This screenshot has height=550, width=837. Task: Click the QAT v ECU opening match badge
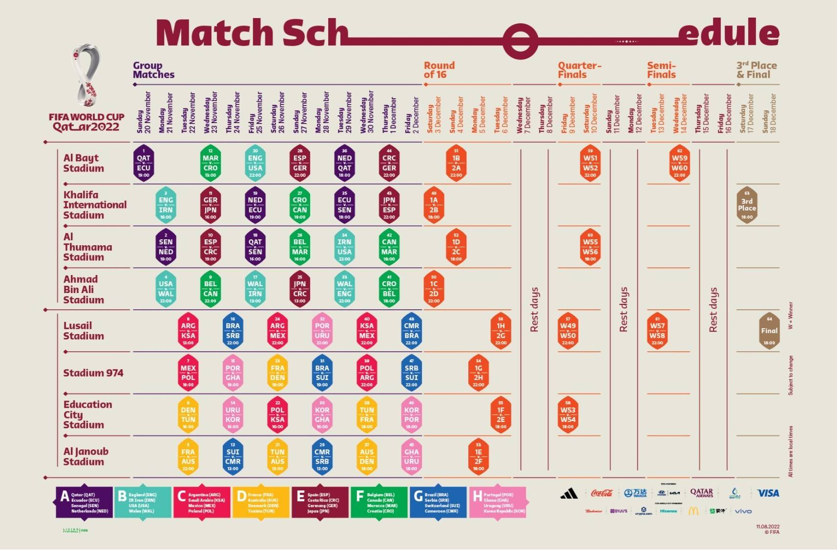144,163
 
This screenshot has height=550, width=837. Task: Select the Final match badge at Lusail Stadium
769,331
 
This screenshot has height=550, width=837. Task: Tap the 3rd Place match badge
747,205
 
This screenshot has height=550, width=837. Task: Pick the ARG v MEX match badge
277,331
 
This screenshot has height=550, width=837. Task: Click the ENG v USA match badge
255,163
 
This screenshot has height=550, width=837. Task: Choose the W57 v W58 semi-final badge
657,331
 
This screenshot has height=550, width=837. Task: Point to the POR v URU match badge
322,331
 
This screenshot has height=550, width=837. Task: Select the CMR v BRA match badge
412,331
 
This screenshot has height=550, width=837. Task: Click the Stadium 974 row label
93,373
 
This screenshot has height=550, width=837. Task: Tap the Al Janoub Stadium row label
86,457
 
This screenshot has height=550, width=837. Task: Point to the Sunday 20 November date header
144,113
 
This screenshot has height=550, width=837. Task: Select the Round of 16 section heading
439,70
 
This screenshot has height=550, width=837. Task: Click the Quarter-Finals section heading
579,70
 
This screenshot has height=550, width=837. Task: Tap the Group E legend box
320,502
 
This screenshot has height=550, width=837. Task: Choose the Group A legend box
84,502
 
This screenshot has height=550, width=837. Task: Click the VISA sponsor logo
768,493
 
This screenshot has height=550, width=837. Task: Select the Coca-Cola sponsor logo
602,493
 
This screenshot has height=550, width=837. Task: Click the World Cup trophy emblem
86,76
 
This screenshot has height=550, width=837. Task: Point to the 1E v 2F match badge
479,457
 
